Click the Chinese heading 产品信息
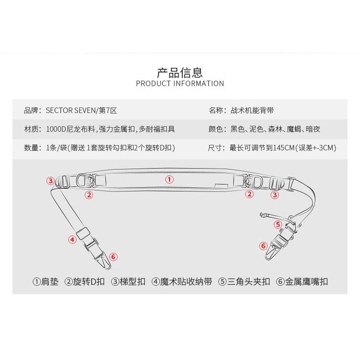[180, 72]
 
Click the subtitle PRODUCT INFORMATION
[180, 83]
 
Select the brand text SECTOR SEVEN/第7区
[81, 110]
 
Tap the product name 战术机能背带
[252, 110]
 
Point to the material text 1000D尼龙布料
[71, 129]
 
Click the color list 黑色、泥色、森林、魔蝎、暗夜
[275, 129]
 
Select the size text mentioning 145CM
[283, 148]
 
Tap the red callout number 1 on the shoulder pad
[170, 179]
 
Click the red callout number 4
[72, 240]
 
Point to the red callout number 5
[278, 224]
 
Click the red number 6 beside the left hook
[113, 257]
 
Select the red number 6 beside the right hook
[263, 246]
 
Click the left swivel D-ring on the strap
[82, 180]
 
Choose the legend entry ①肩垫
[46, 282]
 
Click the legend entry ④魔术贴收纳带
[182, 282]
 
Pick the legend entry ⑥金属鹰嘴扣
[302, 282]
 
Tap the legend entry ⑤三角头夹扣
[244, 282]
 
